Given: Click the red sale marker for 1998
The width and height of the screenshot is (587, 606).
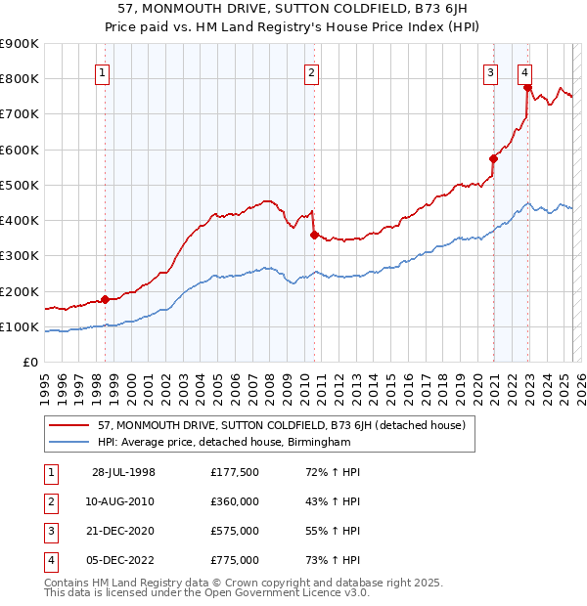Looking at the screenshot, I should (x=105, y=300).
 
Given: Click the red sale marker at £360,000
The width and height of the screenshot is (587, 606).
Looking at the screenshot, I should (x=314, y=235).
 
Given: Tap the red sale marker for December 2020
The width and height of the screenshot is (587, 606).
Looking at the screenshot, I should (x=493, y=158).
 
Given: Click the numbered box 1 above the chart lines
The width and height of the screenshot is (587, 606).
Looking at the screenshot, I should (x=103, y=70).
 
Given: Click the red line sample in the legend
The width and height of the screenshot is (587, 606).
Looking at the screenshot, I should (x=69, y=425).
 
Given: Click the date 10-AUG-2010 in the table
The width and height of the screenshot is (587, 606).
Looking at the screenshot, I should (x=124, y=501).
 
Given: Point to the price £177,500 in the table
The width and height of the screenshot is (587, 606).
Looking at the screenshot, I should (x=235, y=472).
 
